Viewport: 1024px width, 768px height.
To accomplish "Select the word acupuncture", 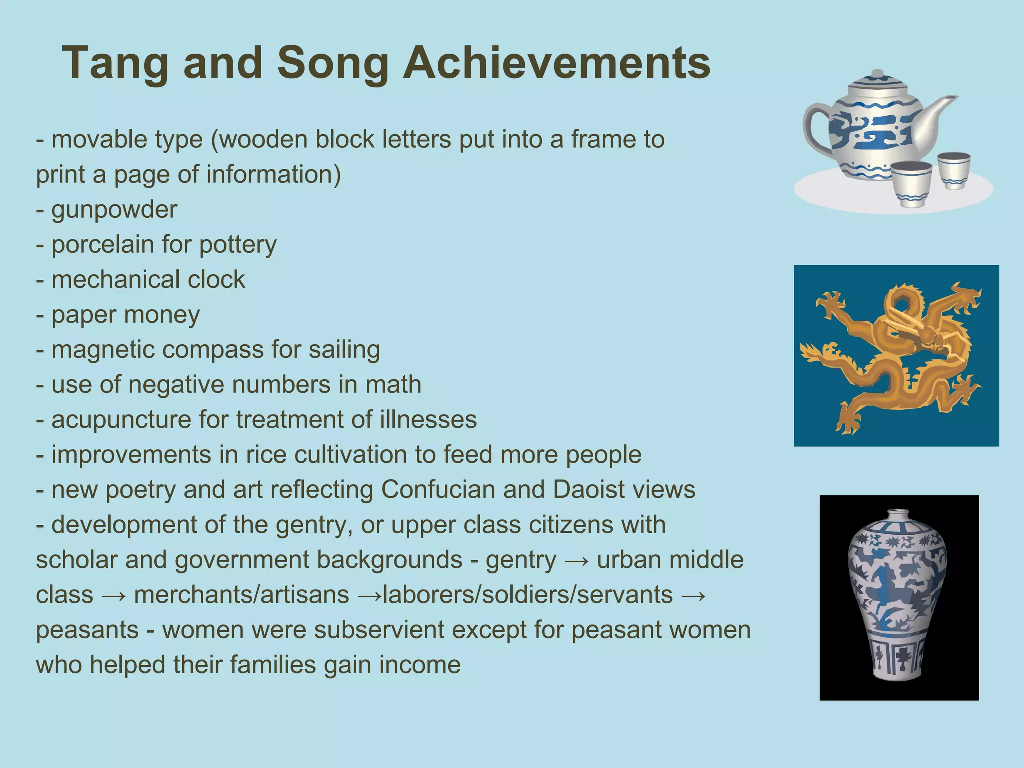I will point(121,420).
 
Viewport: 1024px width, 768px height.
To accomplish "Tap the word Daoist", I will point(589,490).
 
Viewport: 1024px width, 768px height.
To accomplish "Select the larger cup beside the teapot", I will point(911,182).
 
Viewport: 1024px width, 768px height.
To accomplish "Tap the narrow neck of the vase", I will point(898,516).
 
